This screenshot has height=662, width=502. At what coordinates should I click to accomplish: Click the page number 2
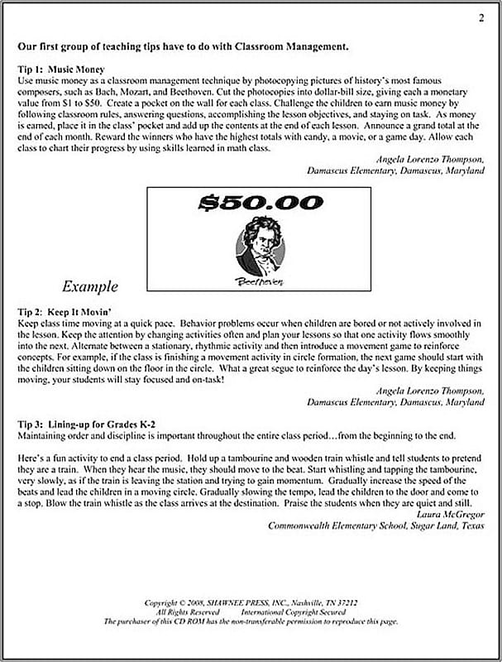(x=480, y=17)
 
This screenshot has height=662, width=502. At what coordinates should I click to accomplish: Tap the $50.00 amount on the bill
(x=261, y=203)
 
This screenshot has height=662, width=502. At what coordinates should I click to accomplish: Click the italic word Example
(x=90, y=287)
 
